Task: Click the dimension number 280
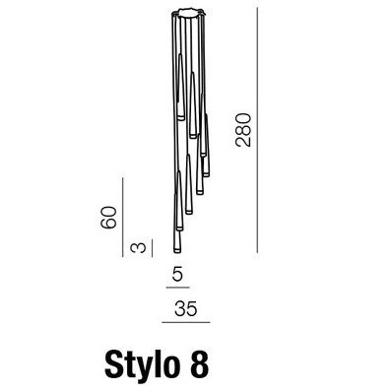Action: point(243,130)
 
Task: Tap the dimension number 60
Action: point(108,218)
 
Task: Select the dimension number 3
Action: point(138,248)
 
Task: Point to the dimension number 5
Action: point(177,274)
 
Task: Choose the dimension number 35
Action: point(186,308)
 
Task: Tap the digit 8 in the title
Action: point(199,362)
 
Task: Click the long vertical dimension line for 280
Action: point(257,130)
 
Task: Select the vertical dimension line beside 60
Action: point(122,217)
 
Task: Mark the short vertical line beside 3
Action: point(152,248)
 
